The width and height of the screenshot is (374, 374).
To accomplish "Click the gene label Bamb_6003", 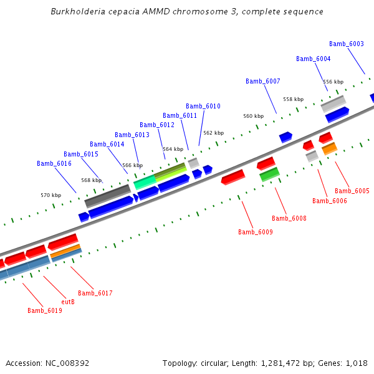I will (347, 44).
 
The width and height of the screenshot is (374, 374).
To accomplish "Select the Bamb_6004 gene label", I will (314, 59).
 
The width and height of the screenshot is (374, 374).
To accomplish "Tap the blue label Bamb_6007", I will (263, 81).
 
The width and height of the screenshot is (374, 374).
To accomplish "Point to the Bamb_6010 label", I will (203, 106).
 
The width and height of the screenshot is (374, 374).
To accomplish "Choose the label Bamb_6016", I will (54, 163).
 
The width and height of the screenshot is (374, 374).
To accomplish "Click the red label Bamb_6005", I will (352, 191).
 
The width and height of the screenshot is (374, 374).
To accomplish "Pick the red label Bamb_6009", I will (256, 232).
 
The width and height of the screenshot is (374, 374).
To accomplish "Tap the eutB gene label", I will (68, 302).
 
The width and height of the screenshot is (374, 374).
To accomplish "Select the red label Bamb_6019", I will (45, 310).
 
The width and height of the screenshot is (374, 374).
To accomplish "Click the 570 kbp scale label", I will (51, 195).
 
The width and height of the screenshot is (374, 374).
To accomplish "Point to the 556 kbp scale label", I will (333, 82).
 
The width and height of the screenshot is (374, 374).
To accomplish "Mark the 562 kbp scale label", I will (213, 133).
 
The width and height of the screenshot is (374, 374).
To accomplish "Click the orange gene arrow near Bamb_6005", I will (329, 148).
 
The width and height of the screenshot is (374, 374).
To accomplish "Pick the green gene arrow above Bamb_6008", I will (269, 174).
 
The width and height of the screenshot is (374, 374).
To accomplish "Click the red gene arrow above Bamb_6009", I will (233, 177).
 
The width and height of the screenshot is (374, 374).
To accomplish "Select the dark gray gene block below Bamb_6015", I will (107, 196).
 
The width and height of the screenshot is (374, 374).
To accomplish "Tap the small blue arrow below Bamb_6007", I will (285, 137).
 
